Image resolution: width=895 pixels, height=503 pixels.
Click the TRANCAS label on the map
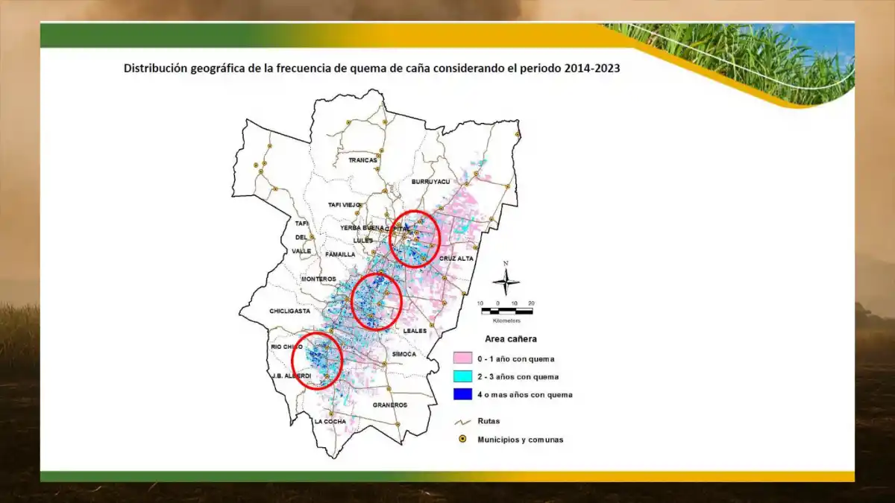363,160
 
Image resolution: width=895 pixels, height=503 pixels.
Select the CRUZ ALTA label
456,259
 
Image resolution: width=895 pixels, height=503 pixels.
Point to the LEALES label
414,330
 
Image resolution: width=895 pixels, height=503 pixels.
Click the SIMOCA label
403,354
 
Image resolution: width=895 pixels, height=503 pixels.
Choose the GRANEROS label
390,405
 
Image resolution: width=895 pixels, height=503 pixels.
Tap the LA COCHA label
330,422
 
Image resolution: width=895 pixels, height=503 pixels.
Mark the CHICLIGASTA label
290,311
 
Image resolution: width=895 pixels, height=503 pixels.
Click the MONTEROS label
318,279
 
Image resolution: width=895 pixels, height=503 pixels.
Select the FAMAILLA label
339,254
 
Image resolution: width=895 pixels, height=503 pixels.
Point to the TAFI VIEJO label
344,205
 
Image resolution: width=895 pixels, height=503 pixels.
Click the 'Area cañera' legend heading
511,339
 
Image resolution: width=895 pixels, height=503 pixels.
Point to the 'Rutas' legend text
489,422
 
